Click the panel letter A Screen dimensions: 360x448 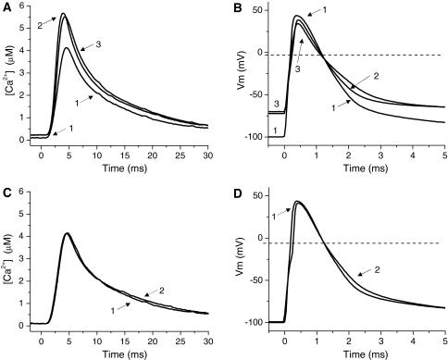(x=6, y=7)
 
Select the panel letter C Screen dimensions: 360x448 (x=6, y=191)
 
